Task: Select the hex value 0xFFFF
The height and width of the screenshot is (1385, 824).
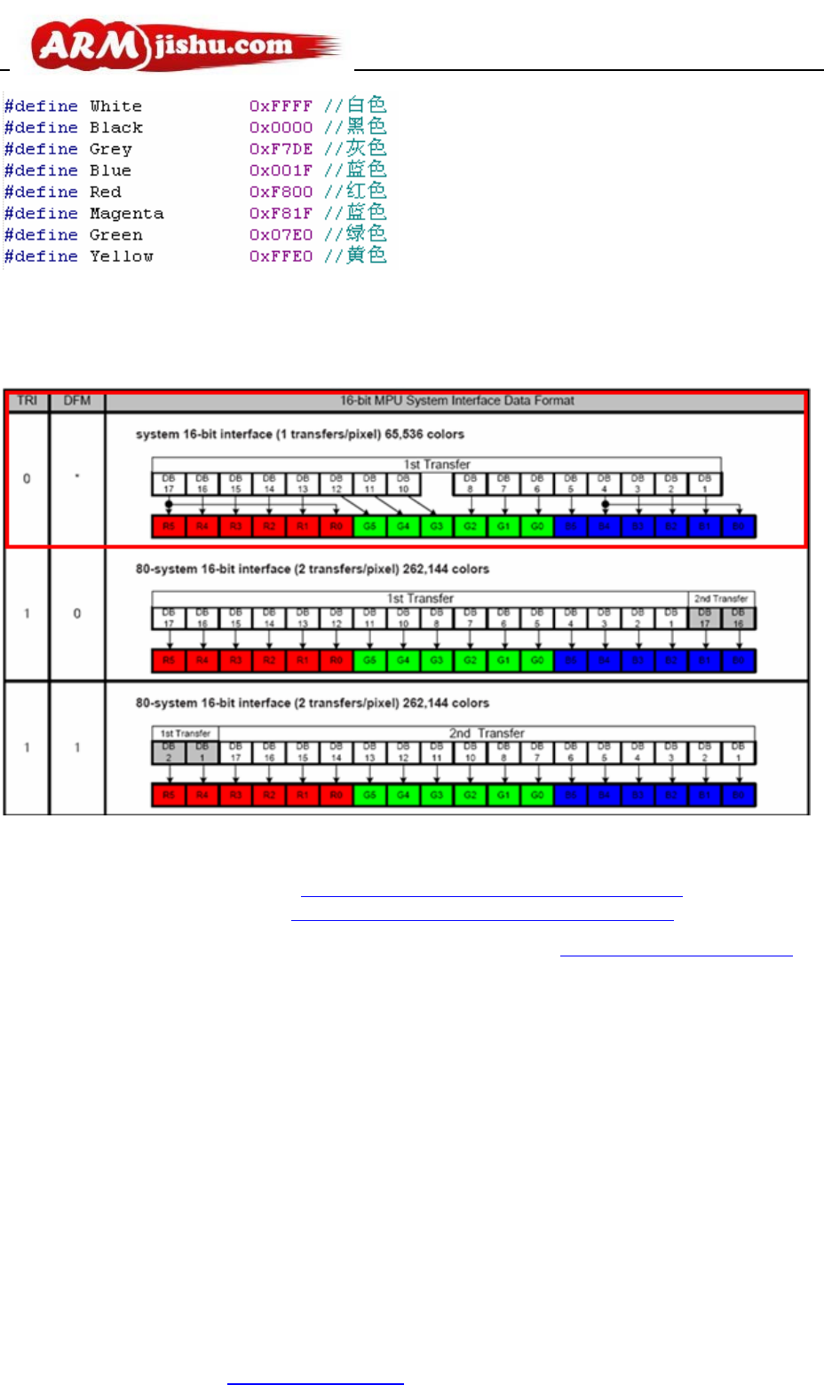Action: (281, 106)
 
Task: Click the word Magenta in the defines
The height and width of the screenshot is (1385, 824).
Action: (126, 214)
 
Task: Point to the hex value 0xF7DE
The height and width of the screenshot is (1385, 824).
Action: (281, 149)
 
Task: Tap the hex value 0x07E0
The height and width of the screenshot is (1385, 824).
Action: (281, 235)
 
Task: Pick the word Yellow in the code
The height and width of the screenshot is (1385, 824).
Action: (121, 256)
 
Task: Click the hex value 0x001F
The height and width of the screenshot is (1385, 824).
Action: (281, 170)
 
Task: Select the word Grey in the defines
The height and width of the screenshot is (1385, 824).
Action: (110, 149)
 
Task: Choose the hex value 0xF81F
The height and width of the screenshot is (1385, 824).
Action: (281, 214)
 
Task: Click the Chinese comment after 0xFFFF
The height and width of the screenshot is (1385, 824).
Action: (366, 106)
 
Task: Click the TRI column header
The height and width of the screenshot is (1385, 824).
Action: (28, 401)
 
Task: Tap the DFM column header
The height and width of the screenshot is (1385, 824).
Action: (77, 401)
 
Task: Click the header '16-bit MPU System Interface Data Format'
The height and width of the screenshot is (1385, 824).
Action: (457, 401)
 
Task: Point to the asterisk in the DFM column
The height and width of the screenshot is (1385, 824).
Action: (77, 478)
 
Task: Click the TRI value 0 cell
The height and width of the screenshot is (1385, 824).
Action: (27, 479)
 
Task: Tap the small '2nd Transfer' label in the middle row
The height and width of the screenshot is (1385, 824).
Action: (721, 599)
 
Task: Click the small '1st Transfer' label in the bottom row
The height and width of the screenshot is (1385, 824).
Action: (186, 734)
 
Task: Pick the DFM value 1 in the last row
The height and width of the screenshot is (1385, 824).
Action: (77, 748)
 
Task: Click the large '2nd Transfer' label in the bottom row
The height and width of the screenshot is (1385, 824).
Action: (487, 734)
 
